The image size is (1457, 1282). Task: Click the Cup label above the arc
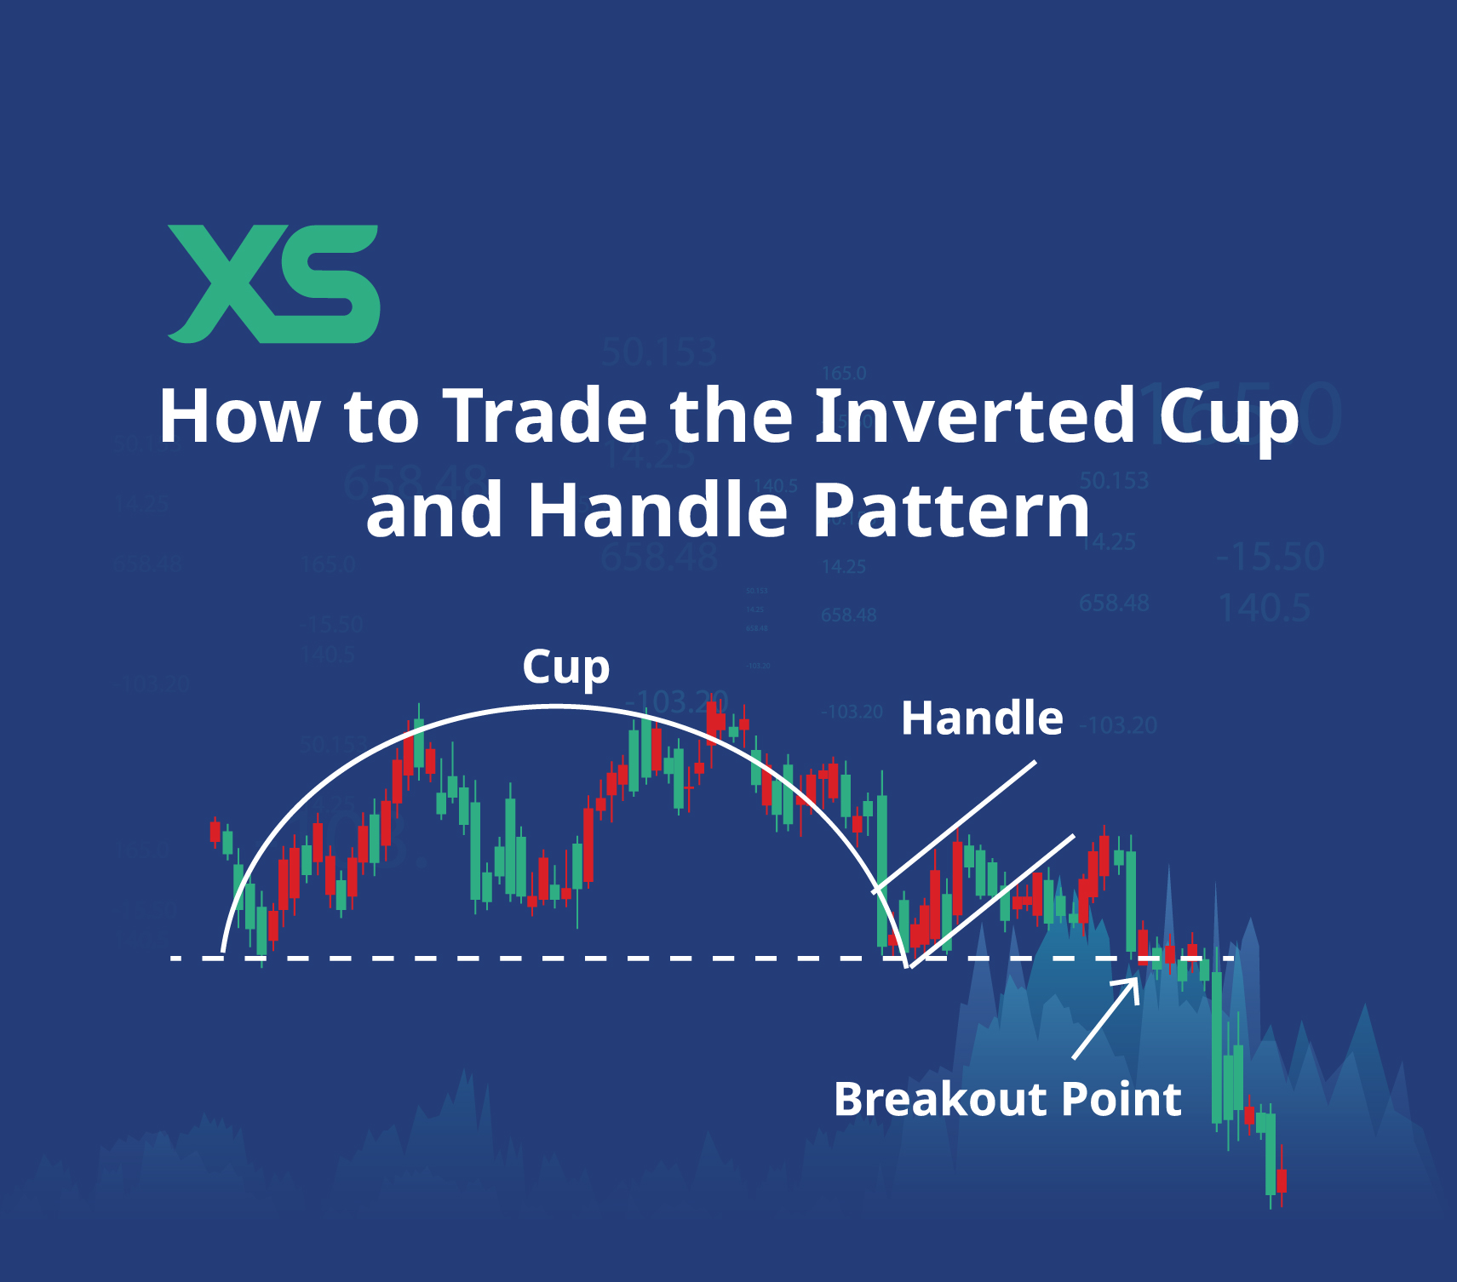coord(565,667)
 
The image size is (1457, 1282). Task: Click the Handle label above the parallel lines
coord(982,718)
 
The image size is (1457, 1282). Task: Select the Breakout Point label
coord(1007,1099)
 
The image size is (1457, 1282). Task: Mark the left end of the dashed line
coord(175,959)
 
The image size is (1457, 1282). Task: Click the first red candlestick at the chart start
coord(215,831)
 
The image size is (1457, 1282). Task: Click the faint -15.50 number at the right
coord(1270,557)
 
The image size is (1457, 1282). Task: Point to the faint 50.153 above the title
coord(658,352)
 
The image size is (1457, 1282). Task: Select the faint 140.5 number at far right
coord(1264,608)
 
